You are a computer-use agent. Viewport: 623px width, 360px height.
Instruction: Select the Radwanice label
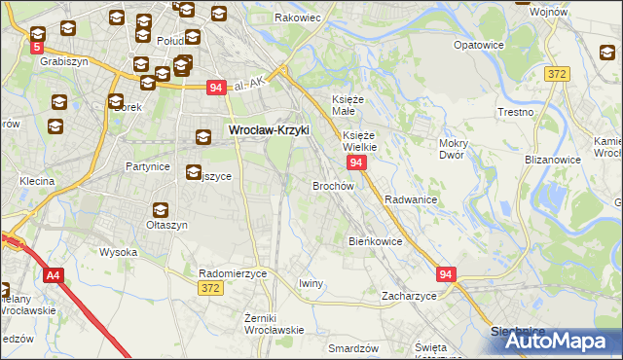click(410, 198)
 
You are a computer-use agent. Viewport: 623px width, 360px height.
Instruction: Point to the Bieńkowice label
click(375, 241)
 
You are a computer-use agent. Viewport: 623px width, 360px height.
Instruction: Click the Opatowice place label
click(478, 45)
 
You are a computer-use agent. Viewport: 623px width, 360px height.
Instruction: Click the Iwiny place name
click(311, 283)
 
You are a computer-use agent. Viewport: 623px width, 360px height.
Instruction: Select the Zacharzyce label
click(409, 296)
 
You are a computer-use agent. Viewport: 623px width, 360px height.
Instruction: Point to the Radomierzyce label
click(233, 274)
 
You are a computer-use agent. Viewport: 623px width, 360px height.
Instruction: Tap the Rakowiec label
click(298, 18)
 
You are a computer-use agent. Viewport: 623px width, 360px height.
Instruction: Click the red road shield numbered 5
click(37, 46)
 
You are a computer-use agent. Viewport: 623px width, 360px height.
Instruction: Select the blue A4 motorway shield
click(52, 276)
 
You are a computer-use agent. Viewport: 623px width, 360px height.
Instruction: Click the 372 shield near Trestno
click(557, 74)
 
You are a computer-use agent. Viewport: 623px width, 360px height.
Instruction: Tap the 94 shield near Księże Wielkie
click(357, 162)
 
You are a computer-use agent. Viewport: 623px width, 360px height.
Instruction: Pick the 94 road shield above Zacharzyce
click(446, 275)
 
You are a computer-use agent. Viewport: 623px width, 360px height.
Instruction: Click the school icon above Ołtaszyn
click(160, 209)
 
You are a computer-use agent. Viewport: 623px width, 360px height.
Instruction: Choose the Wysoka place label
click(119, 252)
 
